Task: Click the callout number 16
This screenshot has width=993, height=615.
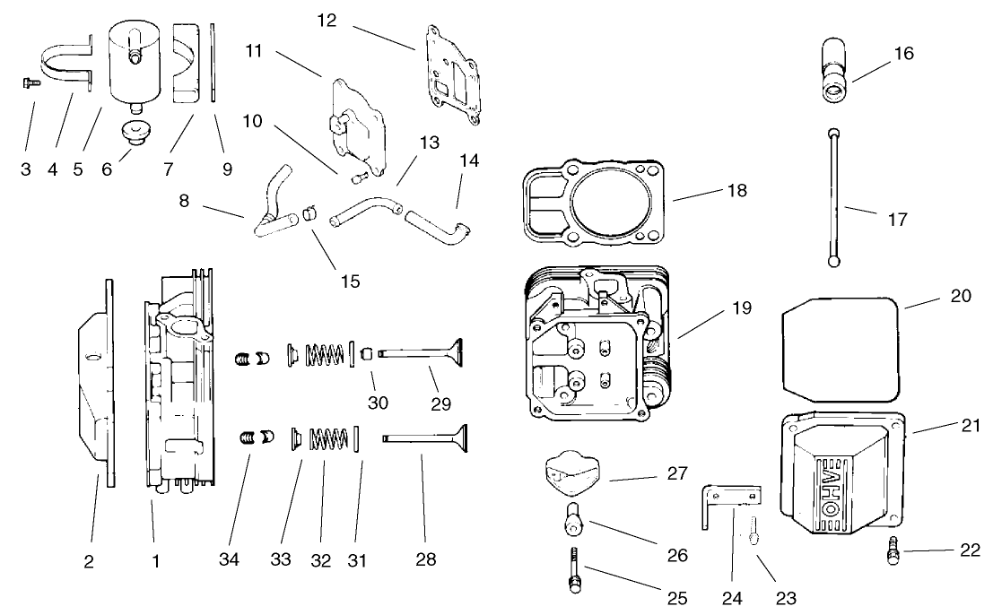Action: [x=903, y=54]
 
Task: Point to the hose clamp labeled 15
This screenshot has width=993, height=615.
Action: [x=310, y=212]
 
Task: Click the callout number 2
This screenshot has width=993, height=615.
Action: [x=89, y=562]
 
